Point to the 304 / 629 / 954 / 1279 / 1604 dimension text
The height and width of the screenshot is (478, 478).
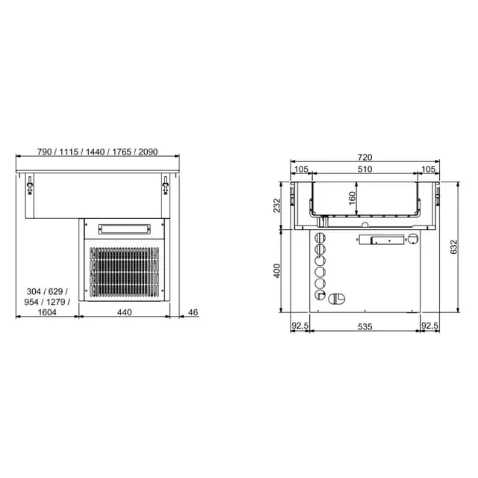click(x=47, y=302)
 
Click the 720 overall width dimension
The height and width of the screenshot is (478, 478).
click(x=365, y=157)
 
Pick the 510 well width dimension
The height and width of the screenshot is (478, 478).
click(x=365, y=170)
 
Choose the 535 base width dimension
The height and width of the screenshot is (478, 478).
click(x=364, y=326)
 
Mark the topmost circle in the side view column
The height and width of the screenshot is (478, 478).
click(x=321, y=237)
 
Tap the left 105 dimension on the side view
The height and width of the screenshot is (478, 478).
click(x=302, y=170)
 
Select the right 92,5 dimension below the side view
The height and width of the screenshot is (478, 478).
click(x=430, y=326)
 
